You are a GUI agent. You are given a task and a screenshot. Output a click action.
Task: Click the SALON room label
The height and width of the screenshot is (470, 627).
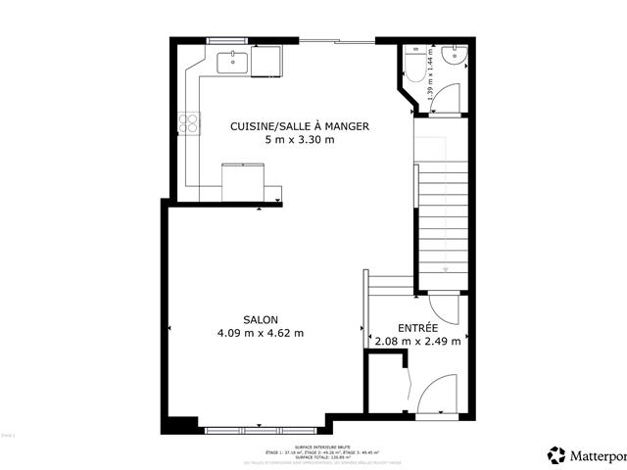pos(261,319)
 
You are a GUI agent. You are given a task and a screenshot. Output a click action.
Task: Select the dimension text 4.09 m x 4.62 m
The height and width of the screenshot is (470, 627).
pos(261,333)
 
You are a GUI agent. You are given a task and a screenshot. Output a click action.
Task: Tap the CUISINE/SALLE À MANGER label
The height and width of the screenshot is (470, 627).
pos(300,125)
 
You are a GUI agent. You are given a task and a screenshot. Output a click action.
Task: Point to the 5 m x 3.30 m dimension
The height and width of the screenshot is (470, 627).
pos(300,139)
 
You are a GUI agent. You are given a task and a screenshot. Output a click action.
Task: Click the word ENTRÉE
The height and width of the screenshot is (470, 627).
pos(417,327)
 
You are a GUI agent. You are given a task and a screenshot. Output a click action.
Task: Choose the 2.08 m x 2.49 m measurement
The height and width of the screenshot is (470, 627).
pos(417,341)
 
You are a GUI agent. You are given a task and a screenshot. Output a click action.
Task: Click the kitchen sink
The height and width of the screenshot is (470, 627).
pos(232,61)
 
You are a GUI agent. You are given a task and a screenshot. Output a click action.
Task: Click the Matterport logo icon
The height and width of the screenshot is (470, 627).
pos(556,455)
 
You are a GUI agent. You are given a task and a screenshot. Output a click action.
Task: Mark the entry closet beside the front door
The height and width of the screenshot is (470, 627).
pos(384,382)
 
